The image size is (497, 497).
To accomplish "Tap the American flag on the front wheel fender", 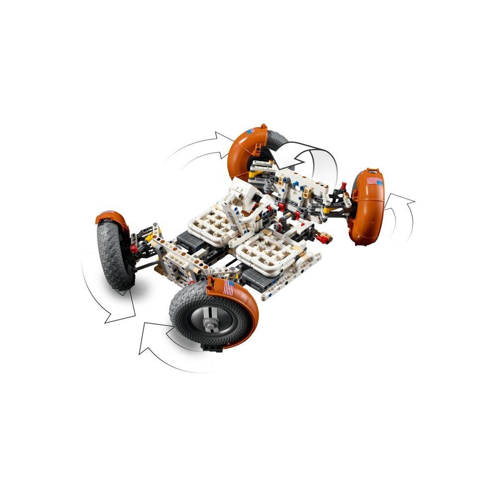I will coord(229,287).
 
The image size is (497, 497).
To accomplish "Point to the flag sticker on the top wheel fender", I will coord(250,130).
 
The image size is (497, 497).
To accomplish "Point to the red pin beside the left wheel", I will coord(133,247).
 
